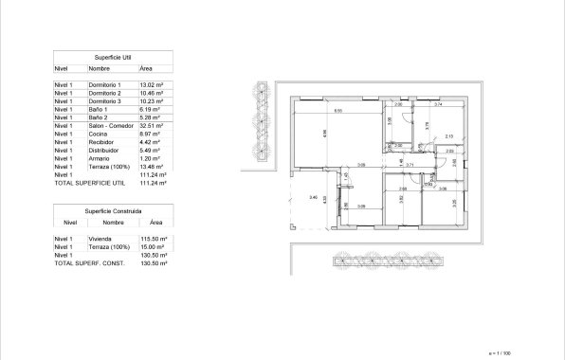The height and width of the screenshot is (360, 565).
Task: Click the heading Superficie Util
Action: click(x=113, y=58)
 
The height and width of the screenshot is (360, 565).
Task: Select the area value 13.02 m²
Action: click(x=153, y=85)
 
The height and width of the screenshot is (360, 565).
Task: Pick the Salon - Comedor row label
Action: click(x=112, y=125)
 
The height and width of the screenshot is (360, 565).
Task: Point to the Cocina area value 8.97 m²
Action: click(x=152, y=134)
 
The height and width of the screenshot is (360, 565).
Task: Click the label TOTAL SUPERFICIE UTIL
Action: click(x=91, y=183)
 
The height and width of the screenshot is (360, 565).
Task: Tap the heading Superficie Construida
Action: click(x=113, y=210)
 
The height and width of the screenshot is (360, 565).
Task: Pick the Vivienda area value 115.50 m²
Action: click(x=154, y=239)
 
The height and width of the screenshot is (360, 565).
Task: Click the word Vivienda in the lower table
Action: click(x=100, y=239)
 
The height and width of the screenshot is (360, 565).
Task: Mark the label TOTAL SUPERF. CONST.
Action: click(x=90, y=263)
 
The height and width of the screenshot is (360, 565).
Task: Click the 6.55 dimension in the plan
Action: click(x=337, y=111)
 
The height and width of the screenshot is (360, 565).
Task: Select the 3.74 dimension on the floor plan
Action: click(x=438, y=103)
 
